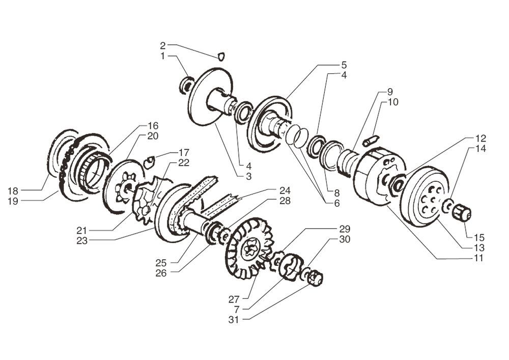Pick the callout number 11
(477, 259)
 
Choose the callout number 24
(285, 190)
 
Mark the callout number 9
(390, 92)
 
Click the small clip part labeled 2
(221, 56)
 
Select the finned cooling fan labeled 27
(248, 248)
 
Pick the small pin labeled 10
(370, 141)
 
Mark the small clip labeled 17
(149, 162)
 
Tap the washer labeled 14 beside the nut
(448, 207)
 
